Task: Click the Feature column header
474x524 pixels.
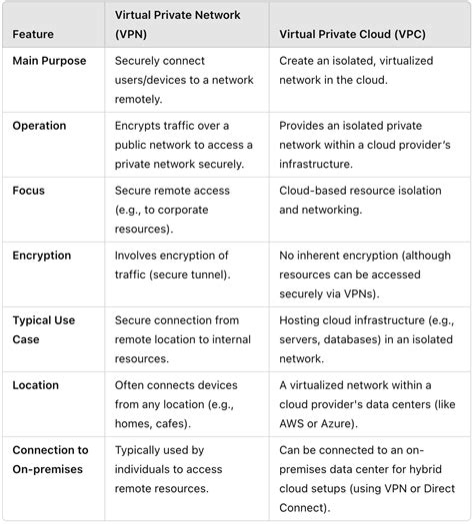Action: click(33, 34)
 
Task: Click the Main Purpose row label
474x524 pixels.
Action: click(49, 62)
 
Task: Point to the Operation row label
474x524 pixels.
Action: click(39, 126)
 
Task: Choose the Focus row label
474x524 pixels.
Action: click(29, 191)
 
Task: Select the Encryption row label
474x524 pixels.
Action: click(42, 256)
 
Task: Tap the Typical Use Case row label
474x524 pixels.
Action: click(44, 329)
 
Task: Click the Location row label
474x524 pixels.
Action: click(36, 385)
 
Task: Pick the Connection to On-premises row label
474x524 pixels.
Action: click(50, 459)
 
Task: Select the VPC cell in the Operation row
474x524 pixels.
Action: click(365, 144)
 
